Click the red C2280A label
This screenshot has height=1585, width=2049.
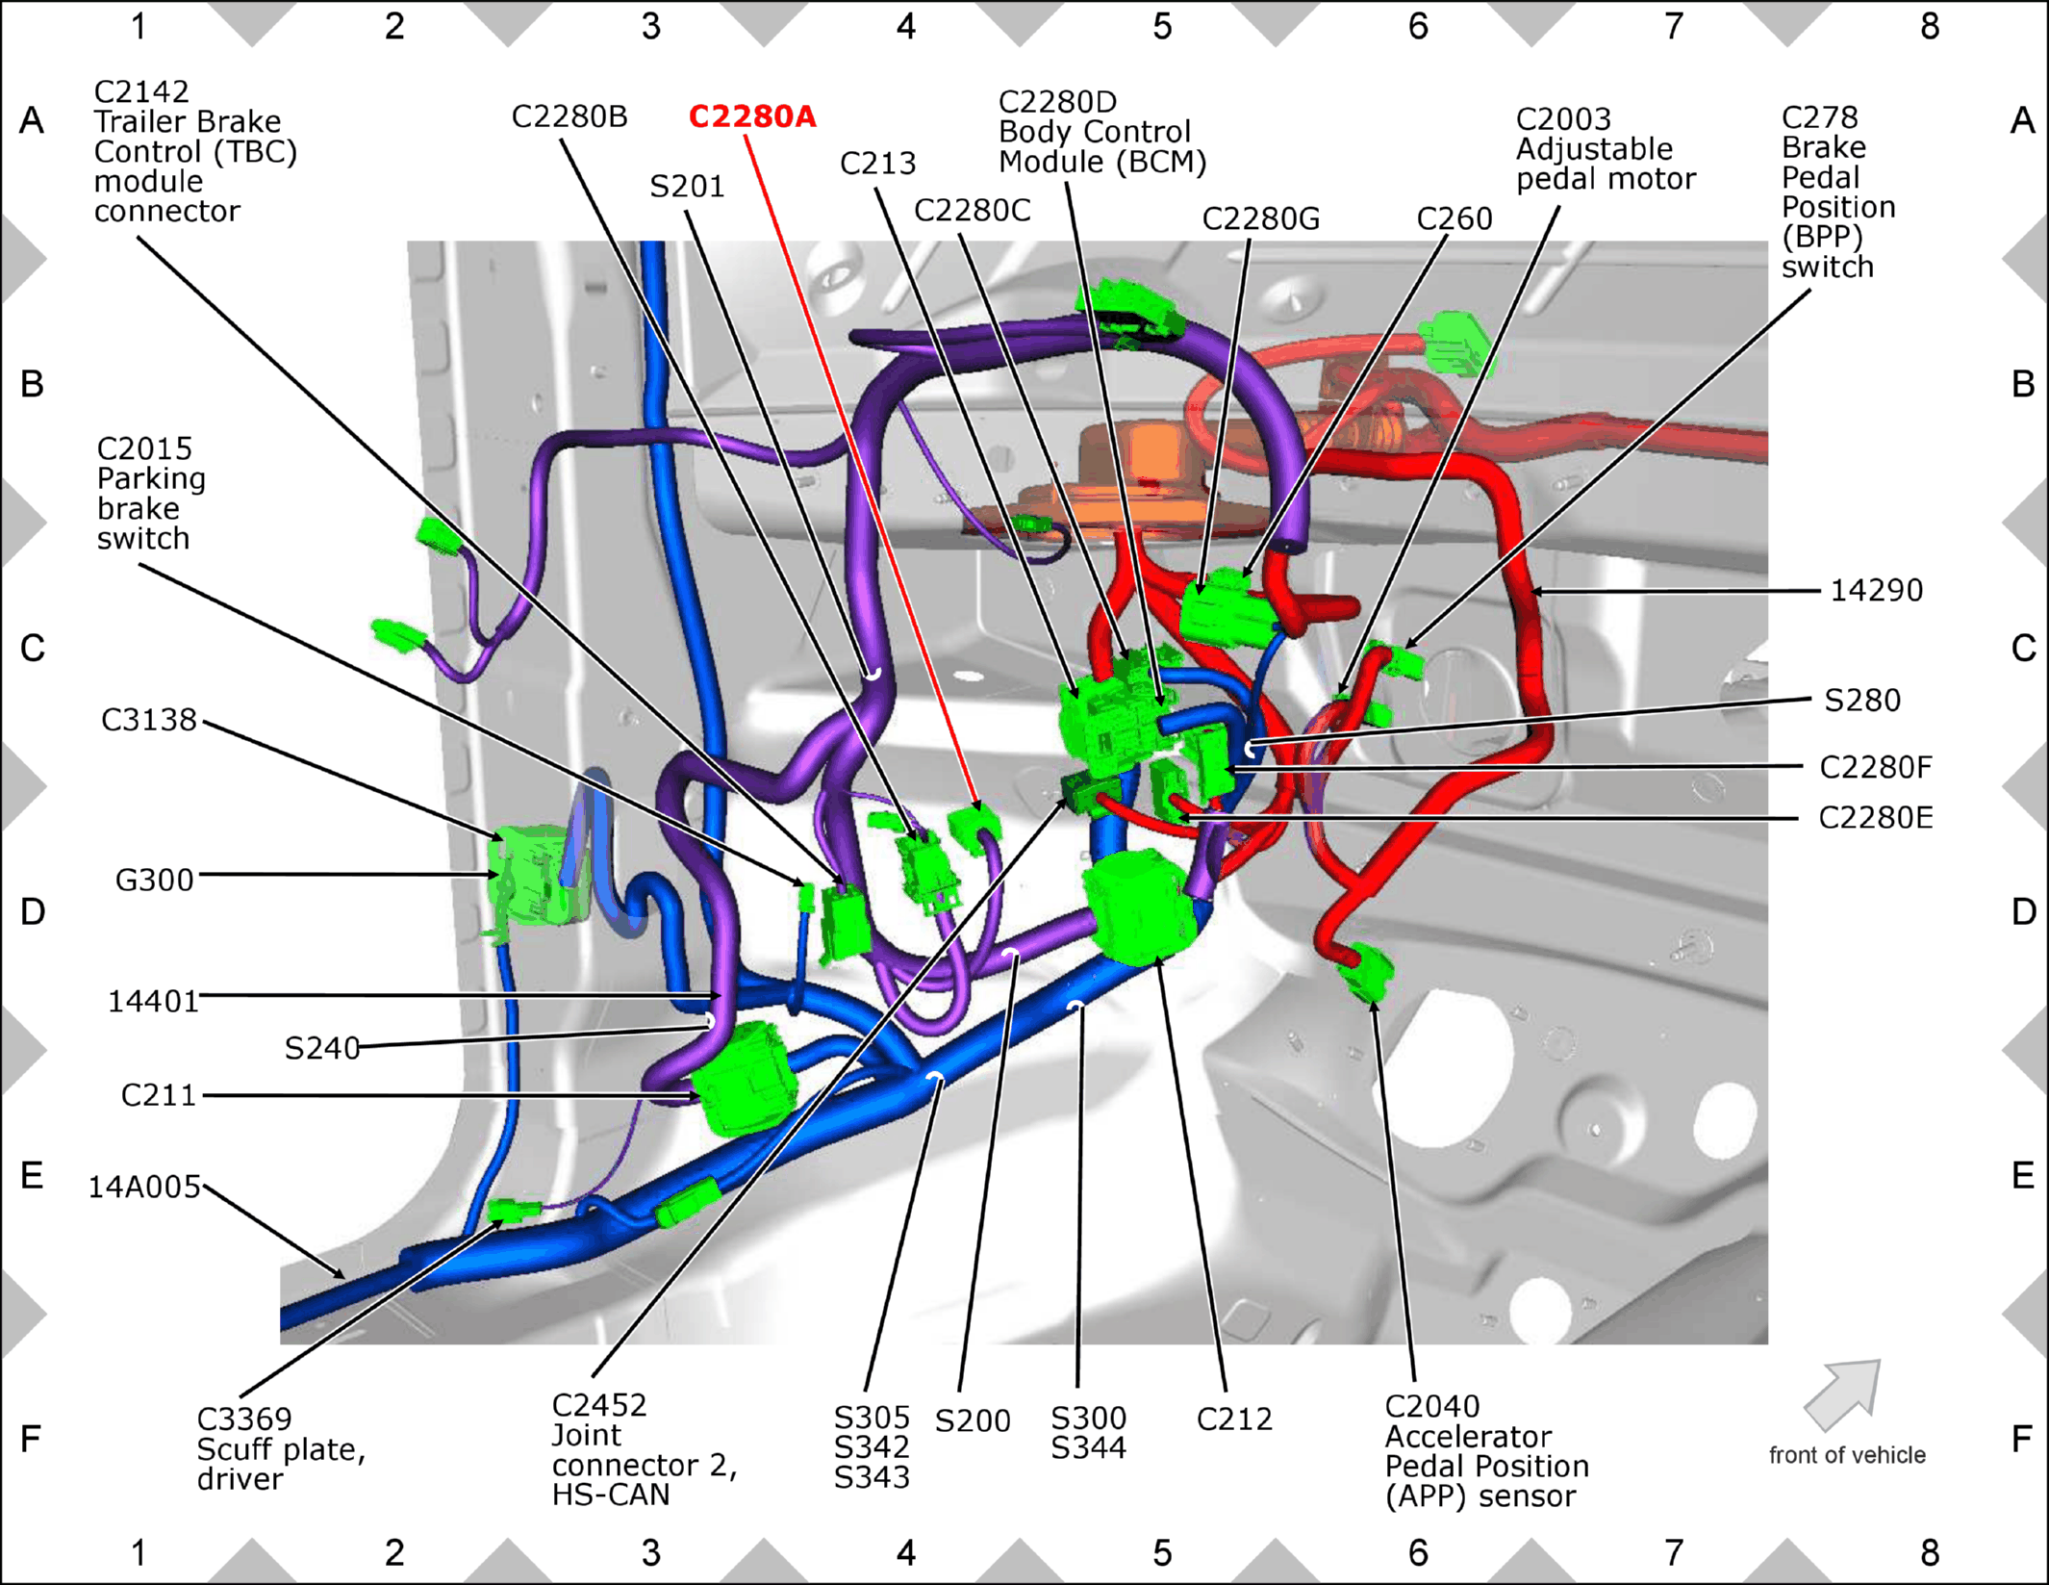[752, 116]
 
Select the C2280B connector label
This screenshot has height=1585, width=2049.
[569, 116]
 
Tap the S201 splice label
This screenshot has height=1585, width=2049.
[687, 186]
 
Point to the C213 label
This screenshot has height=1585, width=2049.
[877, 163]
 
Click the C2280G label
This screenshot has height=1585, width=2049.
[1261, 218]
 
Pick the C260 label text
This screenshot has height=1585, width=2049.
[1455, 218]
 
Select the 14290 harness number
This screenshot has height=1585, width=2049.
[1876, 590]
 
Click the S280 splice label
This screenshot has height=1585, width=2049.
[1862, 700]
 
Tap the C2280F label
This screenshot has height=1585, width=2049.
[1876, 767]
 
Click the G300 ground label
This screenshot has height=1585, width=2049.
[154, 880]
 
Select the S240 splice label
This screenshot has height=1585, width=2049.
[322, 1047]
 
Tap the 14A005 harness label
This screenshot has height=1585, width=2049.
[144, 1187]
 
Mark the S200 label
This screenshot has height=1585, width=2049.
[973, 1420]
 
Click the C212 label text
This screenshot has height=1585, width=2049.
[1234, 1419]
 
